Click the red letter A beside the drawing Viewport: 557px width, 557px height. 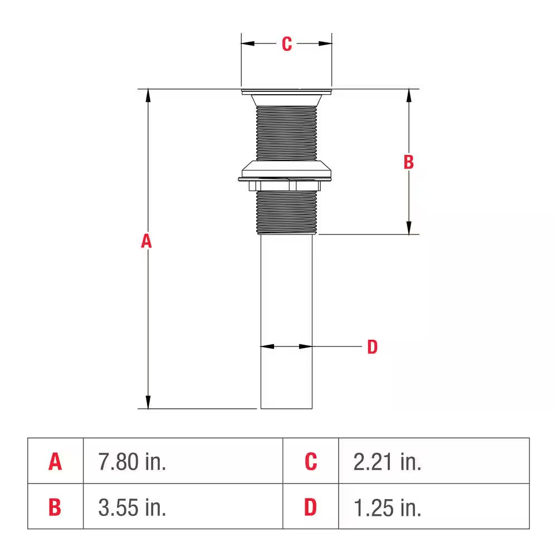[146, 241]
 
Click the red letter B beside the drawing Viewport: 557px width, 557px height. [408, 162]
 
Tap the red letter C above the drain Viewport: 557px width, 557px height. [286, 44]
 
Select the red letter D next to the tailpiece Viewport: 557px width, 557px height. [372, 347]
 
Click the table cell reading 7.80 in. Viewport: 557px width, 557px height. [133, 462]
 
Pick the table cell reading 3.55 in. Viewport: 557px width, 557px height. [133, 507]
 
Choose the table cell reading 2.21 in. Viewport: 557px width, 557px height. [388, 462]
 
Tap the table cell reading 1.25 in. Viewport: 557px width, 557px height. [388, 507]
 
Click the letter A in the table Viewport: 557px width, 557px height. [55, 462]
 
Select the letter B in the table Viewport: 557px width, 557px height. [55, 507]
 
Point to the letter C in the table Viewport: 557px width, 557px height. [311, 462]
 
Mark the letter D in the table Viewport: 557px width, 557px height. [311, 507]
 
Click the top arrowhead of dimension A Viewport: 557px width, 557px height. [148, 96]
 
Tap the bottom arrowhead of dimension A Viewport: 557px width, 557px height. [148, 402]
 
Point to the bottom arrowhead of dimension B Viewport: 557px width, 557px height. [409, 228]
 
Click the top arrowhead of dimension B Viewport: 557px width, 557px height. [409, 96]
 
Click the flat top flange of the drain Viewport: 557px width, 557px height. [286, 91]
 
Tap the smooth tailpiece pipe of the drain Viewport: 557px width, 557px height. [286, 323]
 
